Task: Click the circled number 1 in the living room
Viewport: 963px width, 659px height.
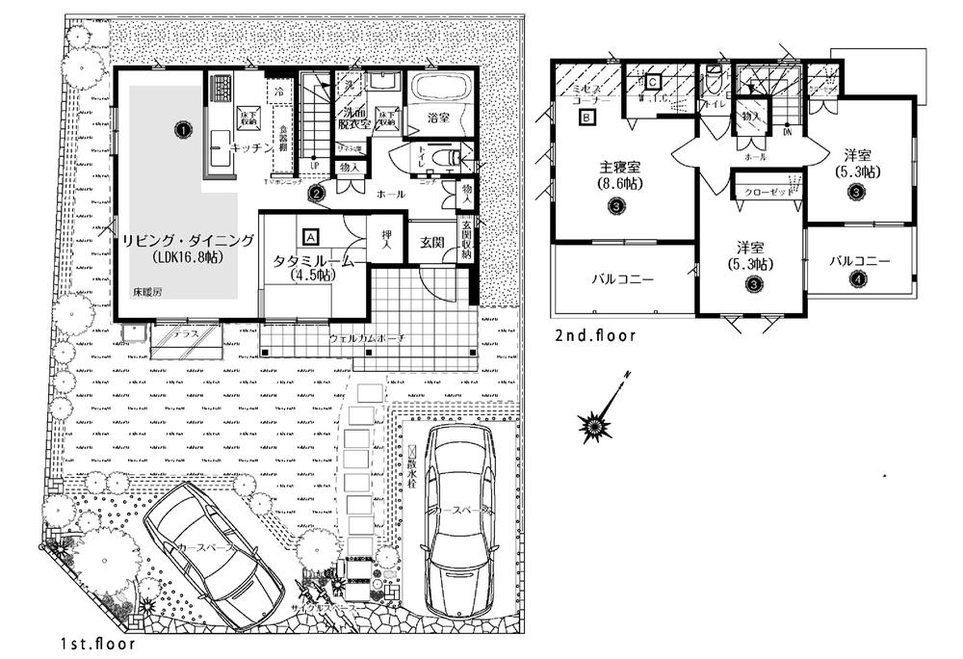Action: tap(180, 127)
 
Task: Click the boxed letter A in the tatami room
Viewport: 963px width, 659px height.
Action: tap(310, 234)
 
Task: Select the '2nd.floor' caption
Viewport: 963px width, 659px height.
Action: tap(595, 336)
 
